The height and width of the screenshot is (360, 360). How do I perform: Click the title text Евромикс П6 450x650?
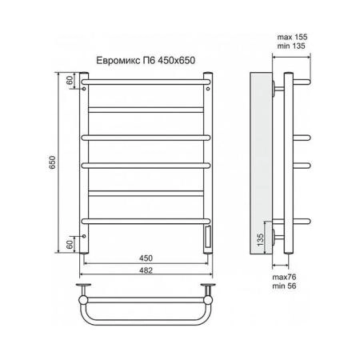pyautogui.click(x=146, y=61)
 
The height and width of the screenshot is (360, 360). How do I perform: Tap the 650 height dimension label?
pyautogui.click(x=52, y=162)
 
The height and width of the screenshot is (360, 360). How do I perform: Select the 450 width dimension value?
pyautogui.click(x=146, y=258)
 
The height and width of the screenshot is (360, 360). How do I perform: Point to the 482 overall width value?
pyautogui.click(x=146, y=270)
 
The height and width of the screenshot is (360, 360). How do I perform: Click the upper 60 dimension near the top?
pyautogui.click(x=70, y=80)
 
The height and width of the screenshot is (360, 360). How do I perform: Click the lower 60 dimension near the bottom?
pyautogui.click(x=70, y=245)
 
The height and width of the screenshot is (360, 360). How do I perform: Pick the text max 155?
pyautogui.click(x=292, y=37)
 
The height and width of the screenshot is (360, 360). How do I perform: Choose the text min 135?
pyautogui.click(x=291, y=46)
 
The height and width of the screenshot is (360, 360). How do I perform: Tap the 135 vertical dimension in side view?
pyautogui.click(x=260, y=239)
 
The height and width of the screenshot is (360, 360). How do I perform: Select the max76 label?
pyautogui.click(x=284, y=277)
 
